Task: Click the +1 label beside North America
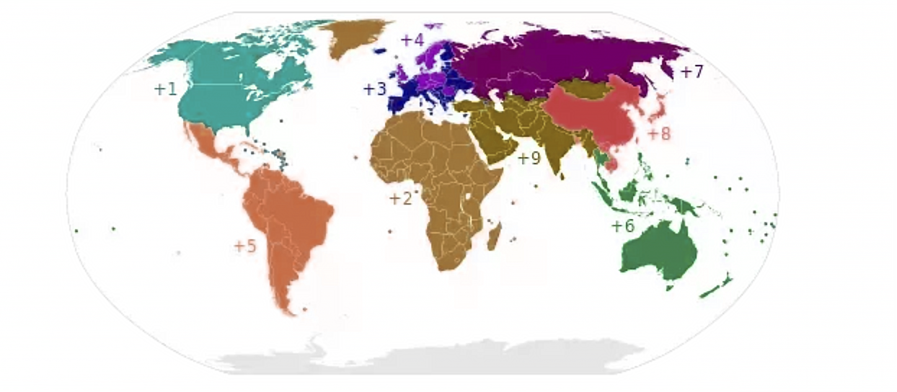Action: [x=165, y=89]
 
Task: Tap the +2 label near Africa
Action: [x=400, y=199]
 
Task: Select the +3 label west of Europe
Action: [x=374, y=89]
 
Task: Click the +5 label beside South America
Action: [x=244, y=246]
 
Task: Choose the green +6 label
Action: [x=622, y=226]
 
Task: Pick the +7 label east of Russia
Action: [x=691, y=72]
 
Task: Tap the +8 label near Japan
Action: [x=658, y=134]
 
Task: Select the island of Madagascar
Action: [x=494, y=236]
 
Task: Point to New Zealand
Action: [x=717, y=287]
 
